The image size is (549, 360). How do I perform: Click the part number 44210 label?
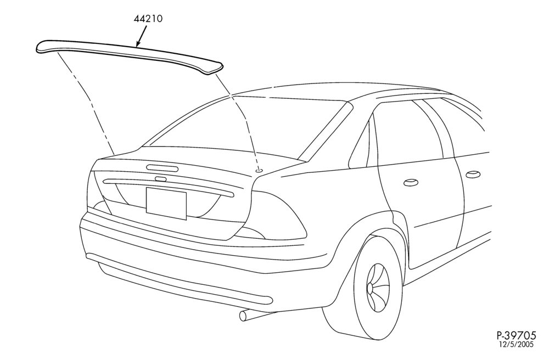click(x=148, y=19)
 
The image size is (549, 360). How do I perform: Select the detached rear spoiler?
click(x=129, y=56)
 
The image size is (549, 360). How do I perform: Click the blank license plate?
click(x=166, y=204)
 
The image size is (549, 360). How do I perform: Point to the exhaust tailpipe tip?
click(x=243, y=316)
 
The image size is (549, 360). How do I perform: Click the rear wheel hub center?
click(x=370, y=289)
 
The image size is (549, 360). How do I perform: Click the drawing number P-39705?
click(x=516, y=335)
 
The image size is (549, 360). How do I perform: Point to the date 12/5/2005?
click(x=517, y=344)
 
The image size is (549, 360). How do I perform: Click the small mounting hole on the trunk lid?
click(x=259, y=170)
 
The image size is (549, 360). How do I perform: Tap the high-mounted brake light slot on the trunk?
click(x=163, y=168)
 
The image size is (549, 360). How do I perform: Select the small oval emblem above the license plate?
click(x=161, y=179)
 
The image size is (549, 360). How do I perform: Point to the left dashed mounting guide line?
click(x=86, y=102)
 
